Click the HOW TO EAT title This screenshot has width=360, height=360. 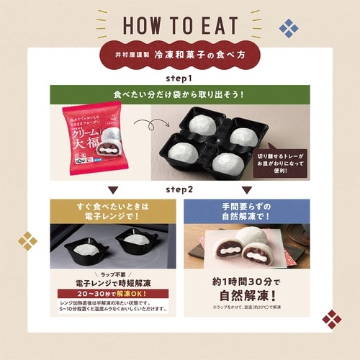pyautogui.click(x=180, y=24)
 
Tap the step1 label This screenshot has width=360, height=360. pyautogui.click(x=180, y=76)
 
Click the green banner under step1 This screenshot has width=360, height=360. pyautogui.click(x=180, y=94)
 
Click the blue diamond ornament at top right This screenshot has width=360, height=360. pyautogui.click(x=289, y=28)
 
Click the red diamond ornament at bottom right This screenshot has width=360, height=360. pyautogui.click(x=331, y=318)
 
